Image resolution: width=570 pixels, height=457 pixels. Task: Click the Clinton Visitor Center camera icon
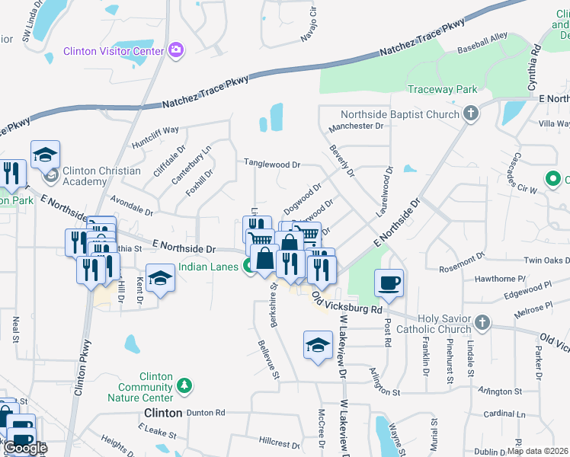pos(177,50)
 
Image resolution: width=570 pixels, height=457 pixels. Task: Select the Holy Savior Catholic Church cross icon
pos(482,323)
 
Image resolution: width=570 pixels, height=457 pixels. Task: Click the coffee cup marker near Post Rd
pos(389,284)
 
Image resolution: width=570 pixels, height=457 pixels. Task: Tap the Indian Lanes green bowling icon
pos(248,267)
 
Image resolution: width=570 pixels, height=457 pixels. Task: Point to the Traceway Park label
pos(442,89)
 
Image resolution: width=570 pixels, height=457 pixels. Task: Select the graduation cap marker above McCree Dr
pos(318,344)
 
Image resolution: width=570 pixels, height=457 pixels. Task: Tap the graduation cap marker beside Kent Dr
pos(161,278)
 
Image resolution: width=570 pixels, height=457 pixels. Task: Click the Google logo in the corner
pos(24,448)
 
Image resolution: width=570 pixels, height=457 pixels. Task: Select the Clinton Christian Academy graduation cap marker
pos(46,155)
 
